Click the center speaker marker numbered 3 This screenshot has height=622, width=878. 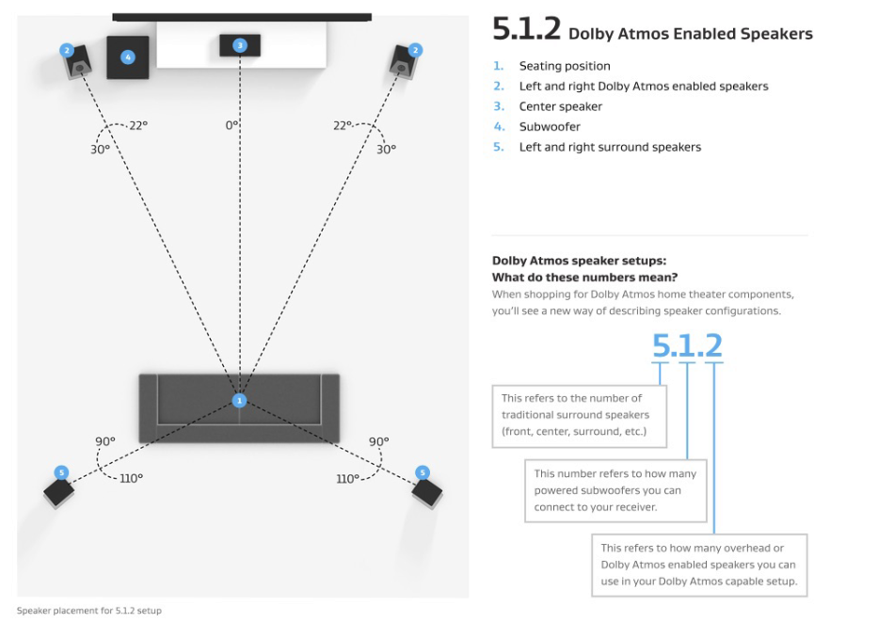[x=240, y=45]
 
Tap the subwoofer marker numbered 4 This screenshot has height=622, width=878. [x=128, y=57]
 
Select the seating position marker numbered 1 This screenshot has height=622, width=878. [x=239, y=401]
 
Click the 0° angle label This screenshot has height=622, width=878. [x=231, y=125]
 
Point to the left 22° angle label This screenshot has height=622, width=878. [x=138, y=125]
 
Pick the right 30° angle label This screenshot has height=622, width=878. [x=386, y=149]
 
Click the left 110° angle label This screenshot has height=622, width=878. [x=132, y=478]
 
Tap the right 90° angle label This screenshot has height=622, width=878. [x=379, y=441]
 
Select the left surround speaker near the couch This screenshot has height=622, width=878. [x=59, y=489]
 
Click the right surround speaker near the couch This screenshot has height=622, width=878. [x=426, y=490]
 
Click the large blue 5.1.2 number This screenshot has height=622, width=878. [x=687, y=346]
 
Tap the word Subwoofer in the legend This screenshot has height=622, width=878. [x=550, y=127]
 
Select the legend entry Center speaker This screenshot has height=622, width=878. [x=561, y=106]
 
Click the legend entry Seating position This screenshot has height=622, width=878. [x=565, y=66]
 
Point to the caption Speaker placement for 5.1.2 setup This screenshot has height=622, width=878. [x=89, y=611]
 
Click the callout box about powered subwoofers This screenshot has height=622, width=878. [x=615, y=490]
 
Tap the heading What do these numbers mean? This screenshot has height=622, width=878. [x=584, y=277]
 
